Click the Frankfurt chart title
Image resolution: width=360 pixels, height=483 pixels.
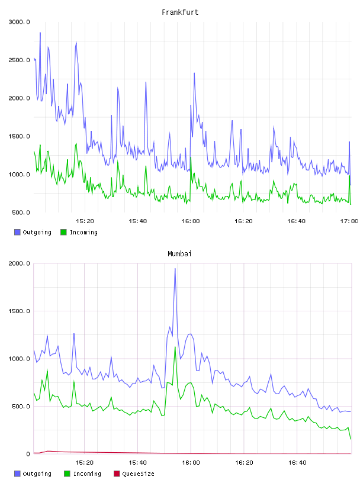click(x=180, y=12)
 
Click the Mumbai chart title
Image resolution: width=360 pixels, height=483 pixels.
click(x=179, y=254)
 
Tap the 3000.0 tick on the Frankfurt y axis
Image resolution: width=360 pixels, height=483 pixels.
click(x=20, y=22)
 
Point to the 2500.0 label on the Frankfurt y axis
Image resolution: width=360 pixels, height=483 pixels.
click(x=20, y=60)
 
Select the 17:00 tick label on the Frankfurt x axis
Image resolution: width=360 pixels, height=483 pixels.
click(x=349, y=221)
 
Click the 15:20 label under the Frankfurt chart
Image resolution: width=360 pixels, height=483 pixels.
click(x=85, y=221)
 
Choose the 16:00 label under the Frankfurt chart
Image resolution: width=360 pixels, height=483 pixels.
click(x=191, y=221)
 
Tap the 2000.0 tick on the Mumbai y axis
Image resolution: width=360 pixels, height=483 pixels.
click(x=20, y=263)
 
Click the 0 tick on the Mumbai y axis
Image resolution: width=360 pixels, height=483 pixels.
click(x=28, y=454)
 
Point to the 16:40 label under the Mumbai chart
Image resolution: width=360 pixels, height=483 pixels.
click(x=297, y=463)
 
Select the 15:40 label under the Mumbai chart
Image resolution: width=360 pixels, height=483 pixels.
click(x=137, y=463)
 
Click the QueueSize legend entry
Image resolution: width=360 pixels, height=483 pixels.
click(x=134, y=474)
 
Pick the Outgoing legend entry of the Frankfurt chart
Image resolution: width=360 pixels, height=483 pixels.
click(x=33, y=232)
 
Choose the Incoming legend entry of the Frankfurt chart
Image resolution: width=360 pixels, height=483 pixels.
click(x=79, y=232)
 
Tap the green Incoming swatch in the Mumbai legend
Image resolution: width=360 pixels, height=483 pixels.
click(x=67, y=474)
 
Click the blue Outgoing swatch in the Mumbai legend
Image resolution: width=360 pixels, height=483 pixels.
click(x=17, y=474)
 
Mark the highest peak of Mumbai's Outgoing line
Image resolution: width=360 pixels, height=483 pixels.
click(x=175, y=268)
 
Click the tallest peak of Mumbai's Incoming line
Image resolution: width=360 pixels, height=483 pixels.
click(x=175, y=347)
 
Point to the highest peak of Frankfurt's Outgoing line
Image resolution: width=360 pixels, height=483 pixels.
click(x=40, y=33)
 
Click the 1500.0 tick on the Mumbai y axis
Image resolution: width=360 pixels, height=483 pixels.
click(x=20, y=311)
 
